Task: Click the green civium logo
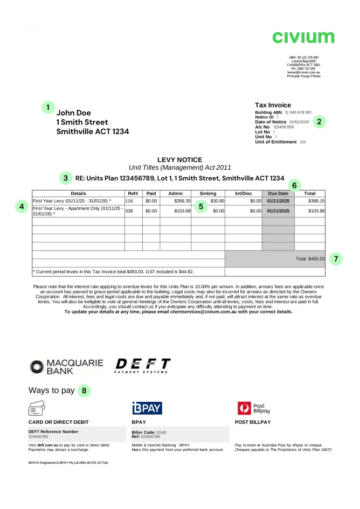[303, 37]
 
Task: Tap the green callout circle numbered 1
[48, 107]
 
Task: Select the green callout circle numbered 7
[335, 259]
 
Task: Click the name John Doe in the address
[74, 113]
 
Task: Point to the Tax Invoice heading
[273, 105]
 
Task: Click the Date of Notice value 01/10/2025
[299, 122]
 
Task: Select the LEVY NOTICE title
[179, 160]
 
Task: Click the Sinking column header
[207, 193]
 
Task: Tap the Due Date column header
[278, 193]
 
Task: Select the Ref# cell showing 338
[129, 211]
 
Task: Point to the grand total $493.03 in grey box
[310, 259]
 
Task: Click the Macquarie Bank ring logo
[37, 367]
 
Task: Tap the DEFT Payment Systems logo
[143, 365]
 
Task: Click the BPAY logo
[147, 408]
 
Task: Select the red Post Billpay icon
[244, 408]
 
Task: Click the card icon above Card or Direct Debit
[37, 407]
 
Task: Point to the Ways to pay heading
[51, 391]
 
